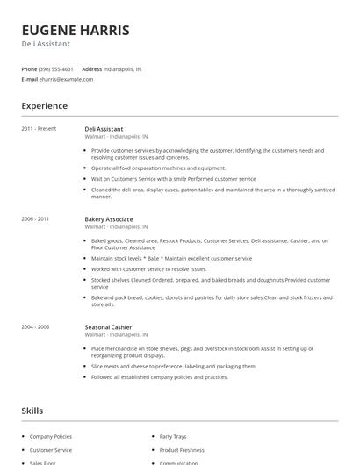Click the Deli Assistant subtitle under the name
46,44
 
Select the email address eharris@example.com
66,79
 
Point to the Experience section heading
45,106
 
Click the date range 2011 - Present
39,129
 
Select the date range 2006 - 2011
36,218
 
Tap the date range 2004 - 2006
36,327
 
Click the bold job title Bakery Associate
109,218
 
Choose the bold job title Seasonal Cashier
108,327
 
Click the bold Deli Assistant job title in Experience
104,129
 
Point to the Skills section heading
32,410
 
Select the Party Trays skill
173,436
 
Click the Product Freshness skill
182,450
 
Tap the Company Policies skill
52,436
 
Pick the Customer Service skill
51,450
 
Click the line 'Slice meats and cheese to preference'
174,366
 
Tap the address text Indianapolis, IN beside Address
123,68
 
